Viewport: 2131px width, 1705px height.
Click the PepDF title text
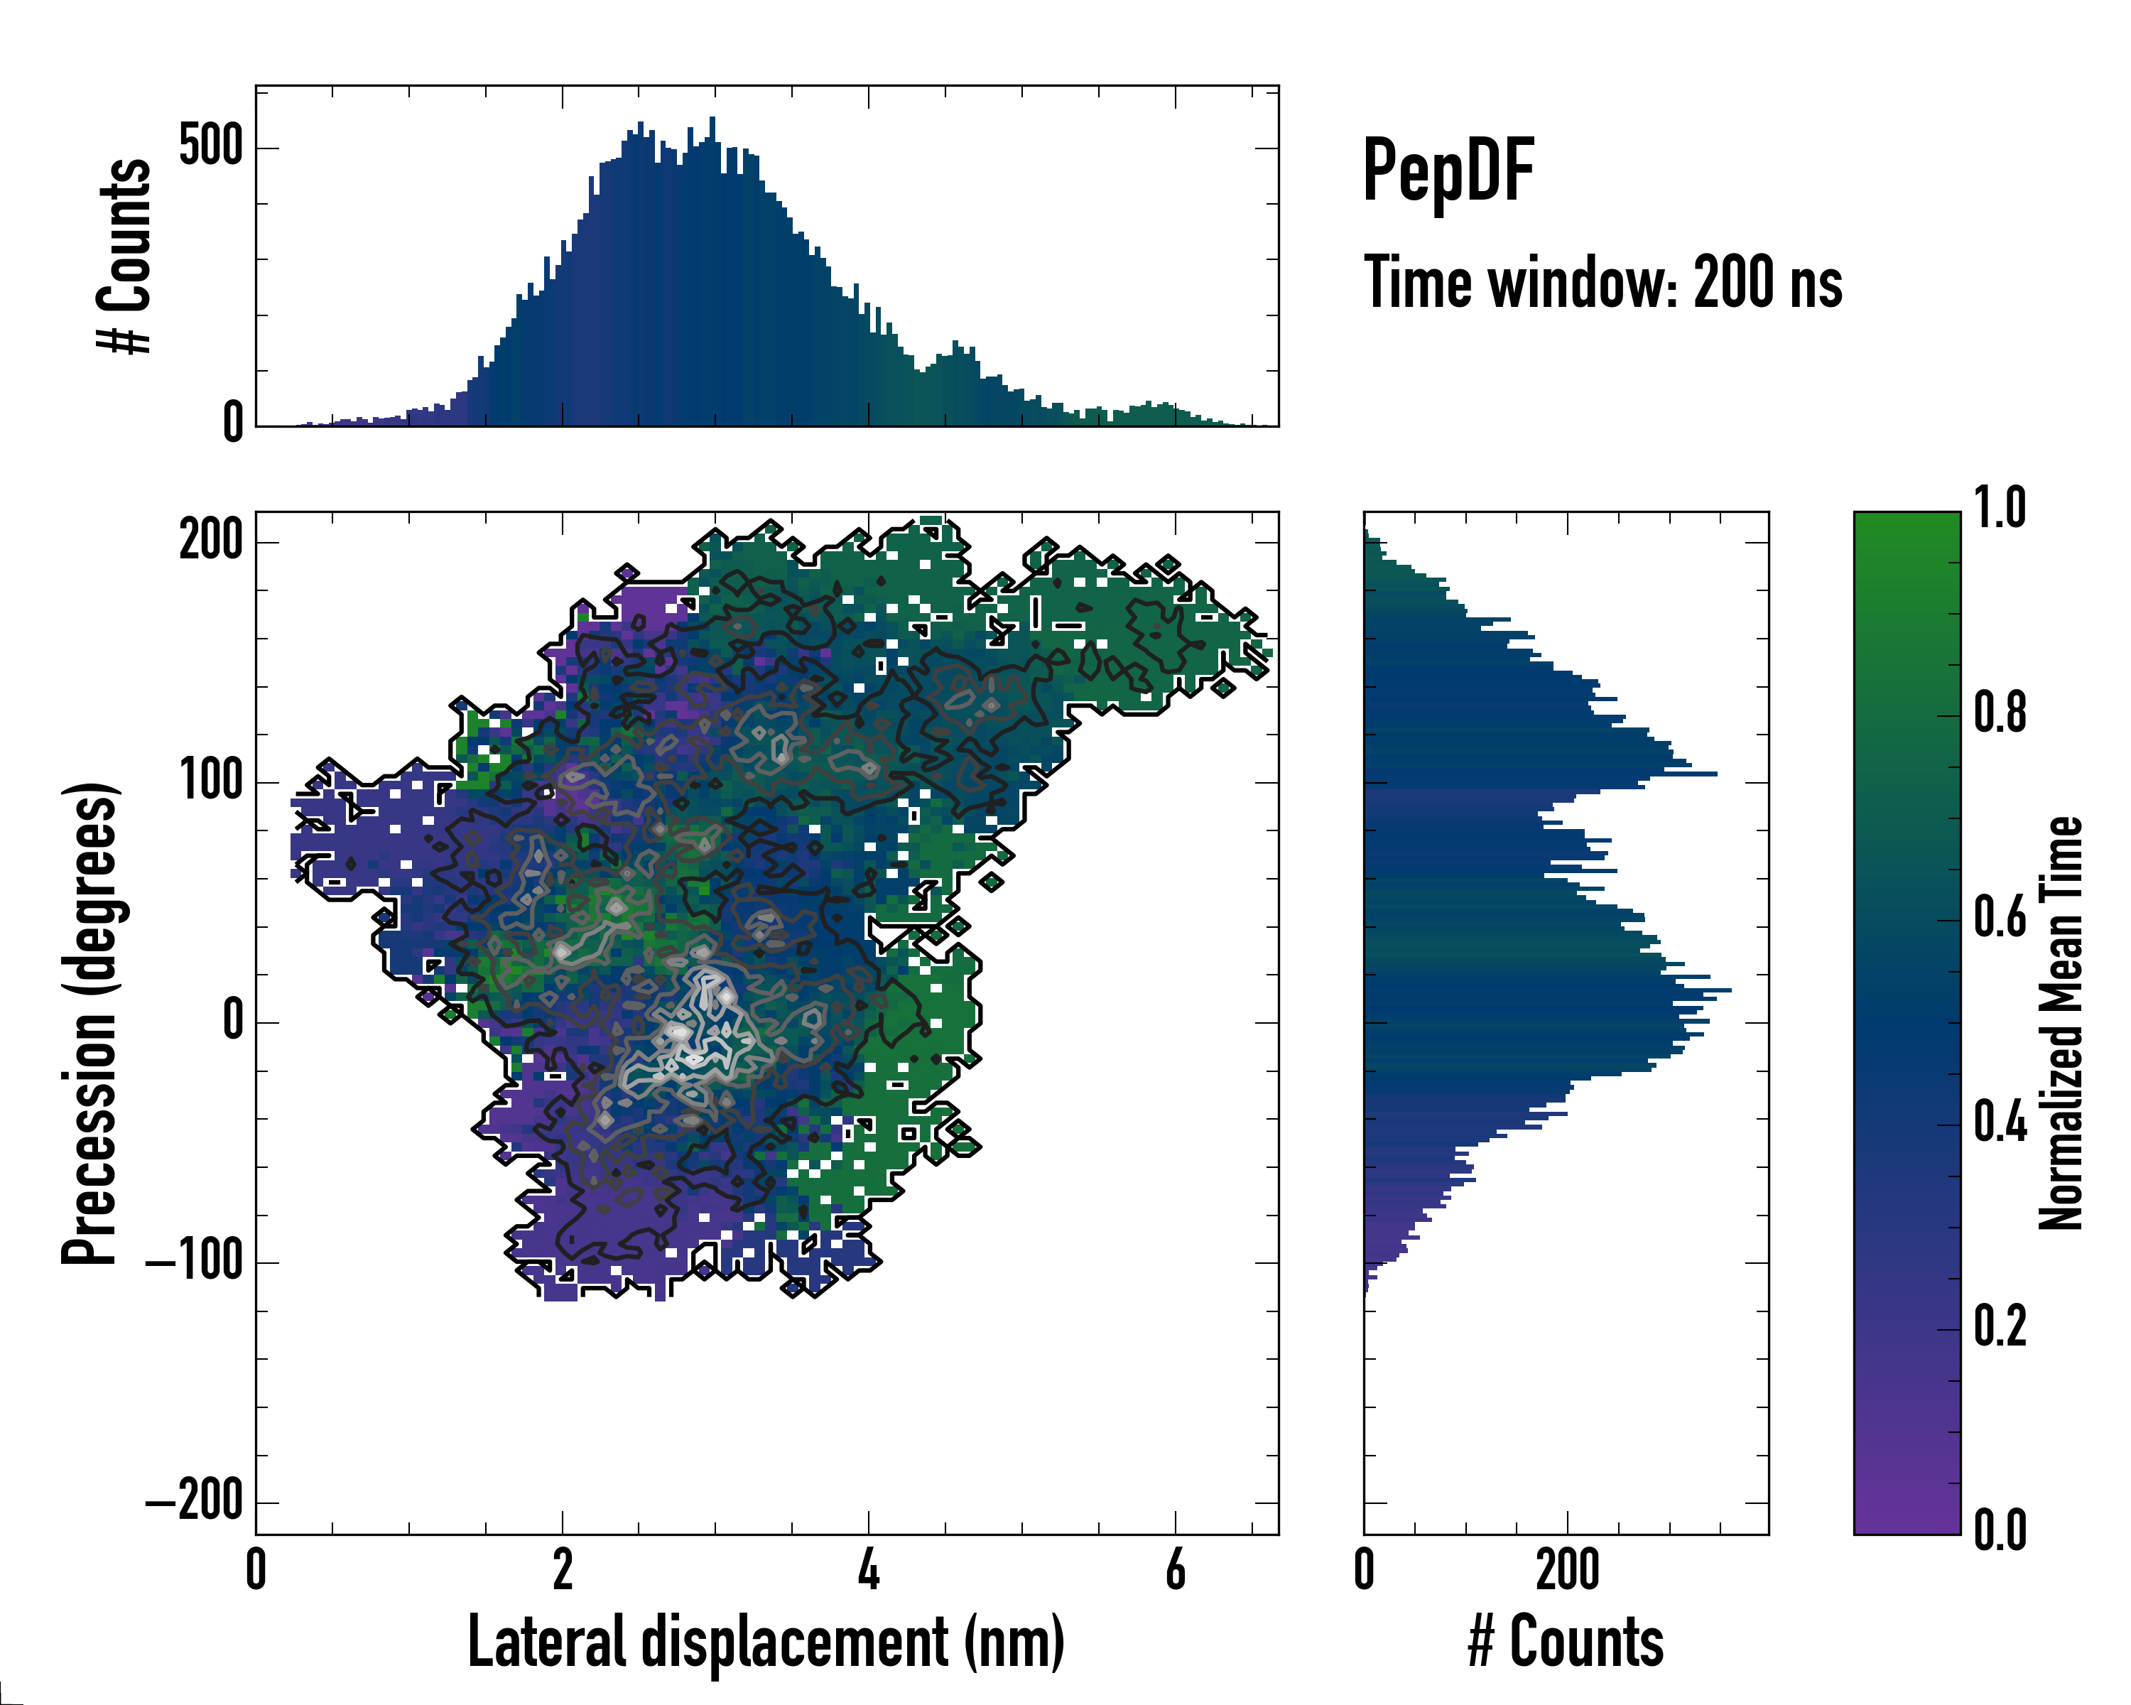1447,171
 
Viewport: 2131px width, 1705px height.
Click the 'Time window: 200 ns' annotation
1603,283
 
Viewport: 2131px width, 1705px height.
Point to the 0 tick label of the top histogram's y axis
232,423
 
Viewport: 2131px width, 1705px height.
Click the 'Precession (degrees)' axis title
91,1022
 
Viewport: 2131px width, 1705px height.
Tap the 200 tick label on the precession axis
210,541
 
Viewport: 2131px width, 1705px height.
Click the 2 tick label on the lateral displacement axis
563,1569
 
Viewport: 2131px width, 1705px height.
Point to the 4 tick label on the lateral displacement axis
868,1569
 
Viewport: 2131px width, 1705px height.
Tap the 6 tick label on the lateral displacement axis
1175,1569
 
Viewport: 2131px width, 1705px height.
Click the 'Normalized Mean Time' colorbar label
2062,1022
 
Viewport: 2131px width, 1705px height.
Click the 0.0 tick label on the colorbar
2000,1530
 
